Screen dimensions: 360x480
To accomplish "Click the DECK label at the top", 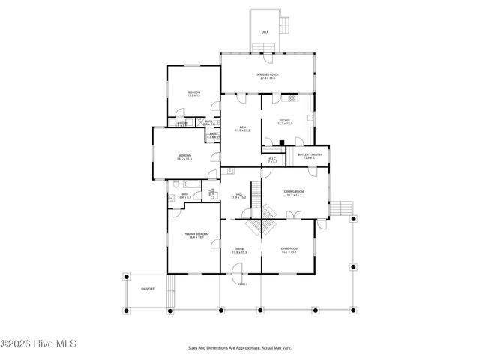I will [265, 32].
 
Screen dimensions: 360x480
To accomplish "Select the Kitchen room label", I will [284, 121].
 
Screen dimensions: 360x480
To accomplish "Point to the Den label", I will [241, 128].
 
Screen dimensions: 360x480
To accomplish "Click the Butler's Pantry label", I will [310, 157].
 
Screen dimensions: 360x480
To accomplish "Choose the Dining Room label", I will [293, 194].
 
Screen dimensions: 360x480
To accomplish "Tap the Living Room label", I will [289, 250].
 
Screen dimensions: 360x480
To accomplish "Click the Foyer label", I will [240, 250].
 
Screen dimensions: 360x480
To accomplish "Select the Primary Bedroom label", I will [194, 235].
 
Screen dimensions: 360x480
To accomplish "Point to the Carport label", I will [147, 289].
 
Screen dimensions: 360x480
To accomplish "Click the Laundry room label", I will [181, 124].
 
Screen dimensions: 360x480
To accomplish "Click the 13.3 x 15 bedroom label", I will [193, 94].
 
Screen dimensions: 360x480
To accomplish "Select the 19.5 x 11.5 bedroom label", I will [184, 157].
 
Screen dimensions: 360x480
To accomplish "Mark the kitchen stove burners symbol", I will [292, 98].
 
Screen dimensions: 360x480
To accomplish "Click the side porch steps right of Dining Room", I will [343, 208].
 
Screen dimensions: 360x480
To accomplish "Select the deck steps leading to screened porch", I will [265, 49].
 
